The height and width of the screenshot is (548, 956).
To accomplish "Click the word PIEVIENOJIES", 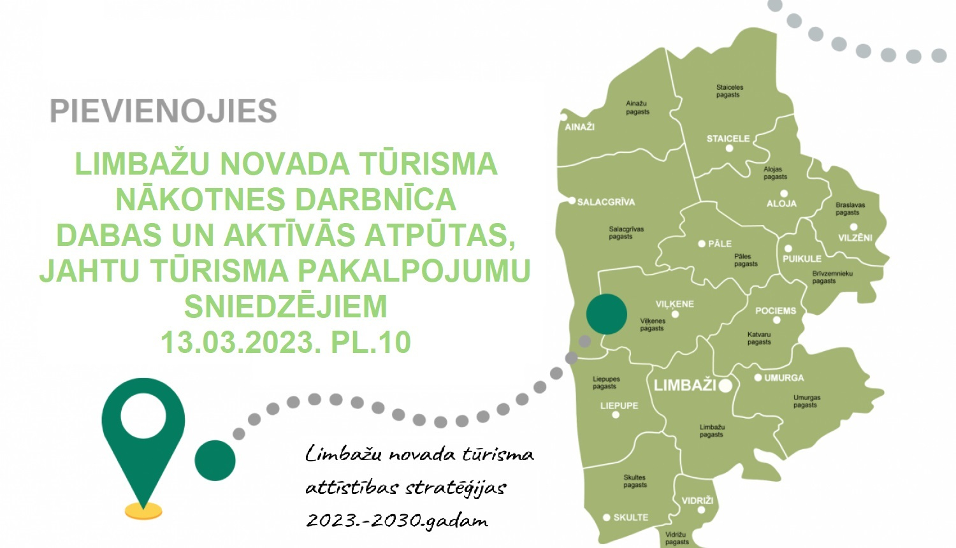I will click(x=163, y=111).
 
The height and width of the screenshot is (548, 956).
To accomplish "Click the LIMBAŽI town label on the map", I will click(x=684, y=385).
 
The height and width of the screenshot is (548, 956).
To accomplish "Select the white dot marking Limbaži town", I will click(x=725, y=385).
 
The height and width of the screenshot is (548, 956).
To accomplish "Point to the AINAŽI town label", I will click(x=579, y=127).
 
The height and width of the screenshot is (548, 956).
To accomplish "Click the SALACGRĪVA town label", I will click(x=605, y=202).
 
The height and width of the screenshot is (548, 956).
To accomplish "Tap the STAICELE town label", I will click(x=728, y=138).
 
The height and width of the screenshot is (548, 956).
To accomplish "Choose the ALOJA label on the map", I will click(x=781, y=204).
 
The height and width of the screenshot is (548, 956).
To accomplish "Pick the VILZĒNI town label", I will click(x=855, y=238).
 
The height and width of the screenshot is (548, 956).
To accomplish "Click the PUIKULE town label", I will click(x=802, y=259).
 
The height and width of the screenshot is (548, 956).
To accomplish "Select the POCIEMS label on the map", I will click(x=776, y=311).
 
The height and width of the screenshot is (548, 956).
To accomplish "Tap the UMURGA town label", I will click(x=784, y=378).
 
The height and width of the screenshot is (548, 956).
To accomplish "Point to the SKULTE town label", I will click(x=630, y=517).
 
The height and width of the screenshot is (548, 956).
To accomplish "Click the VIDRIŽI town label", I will click(x=697, y=501).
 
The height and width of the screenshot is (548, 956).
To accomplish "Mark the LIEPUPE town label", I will click(x=619, y=405).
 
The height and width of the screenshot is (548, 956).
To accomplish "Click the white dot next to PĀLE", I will click(x=702, y=243).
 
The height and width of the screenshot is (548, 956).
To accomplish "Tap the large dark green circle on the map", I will click(x=606, y=314).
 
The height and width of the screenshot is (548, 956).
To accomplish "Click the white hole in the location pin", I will click(x=143, y=415).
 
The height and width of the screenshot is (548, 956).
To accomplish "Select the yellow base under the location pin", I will click(x=143, y=510).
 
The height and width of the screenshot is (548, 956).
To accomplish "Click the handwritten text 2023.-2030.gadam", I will click(x=397, y=521).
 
